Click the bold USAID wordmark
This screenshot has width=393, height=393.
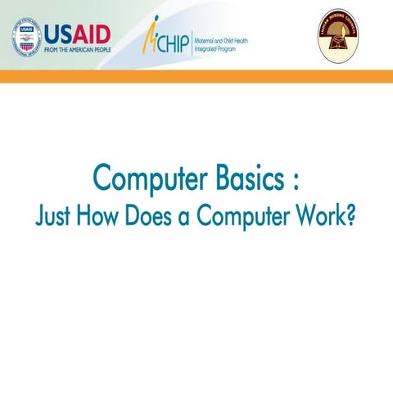click(77, 32)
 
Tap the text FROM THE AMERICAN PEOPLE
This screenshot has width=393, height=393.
click(77, 48)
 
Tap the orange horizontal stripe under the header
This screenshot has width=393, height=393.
click(196, 76)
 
